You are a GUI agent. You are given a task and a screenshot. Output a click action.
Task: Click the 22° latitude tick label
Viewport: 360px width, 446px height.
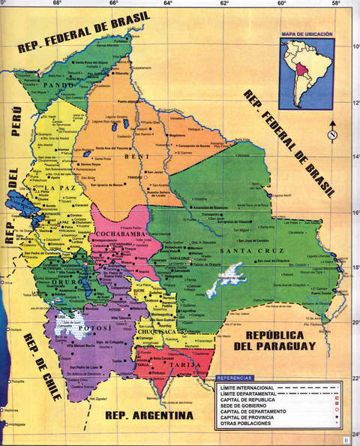[355, 378]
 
